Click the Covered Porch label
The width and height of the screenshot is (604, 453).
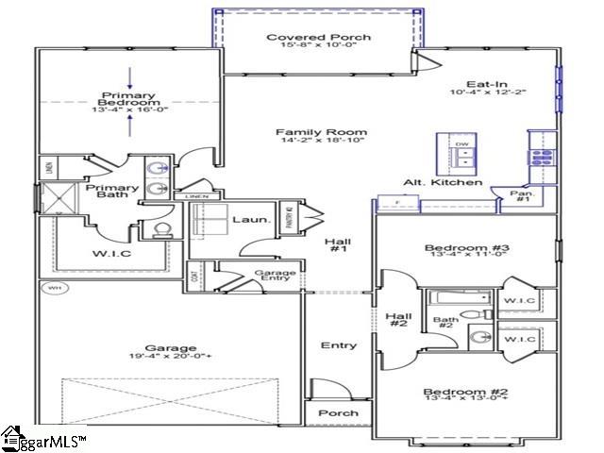pos(305,38)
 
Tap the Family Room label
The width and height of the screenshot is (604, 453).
pos(308,132)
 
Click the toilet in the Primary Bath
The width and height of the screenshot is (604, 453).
pos(160,228)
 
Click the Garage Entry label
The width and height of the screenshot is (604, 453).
pos(276,277)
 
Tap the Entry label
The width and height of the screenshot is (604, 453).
pos(338,345)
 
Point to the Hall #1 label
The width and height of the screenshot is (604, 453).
pos(338,246)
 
